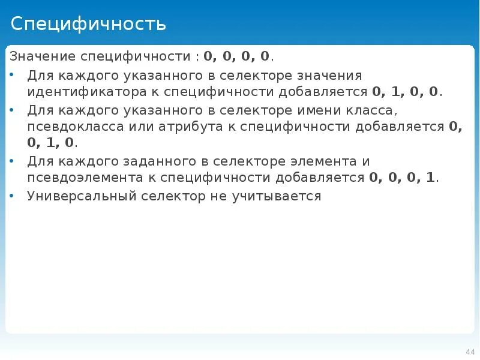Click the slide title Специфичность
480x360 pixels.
coord(88,24)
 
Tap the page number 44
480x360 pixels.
coord(470,352)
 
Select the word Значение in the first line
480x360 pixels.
coord(37,57)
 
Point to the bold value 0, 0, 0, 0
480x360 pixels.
coord(237,57)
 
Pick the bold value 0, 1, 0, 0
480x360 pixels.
coord(406,92)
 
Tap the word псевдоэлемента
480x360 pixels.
coord(79,178)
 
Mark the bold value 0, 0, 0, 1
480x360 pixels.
coord(403,178)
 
